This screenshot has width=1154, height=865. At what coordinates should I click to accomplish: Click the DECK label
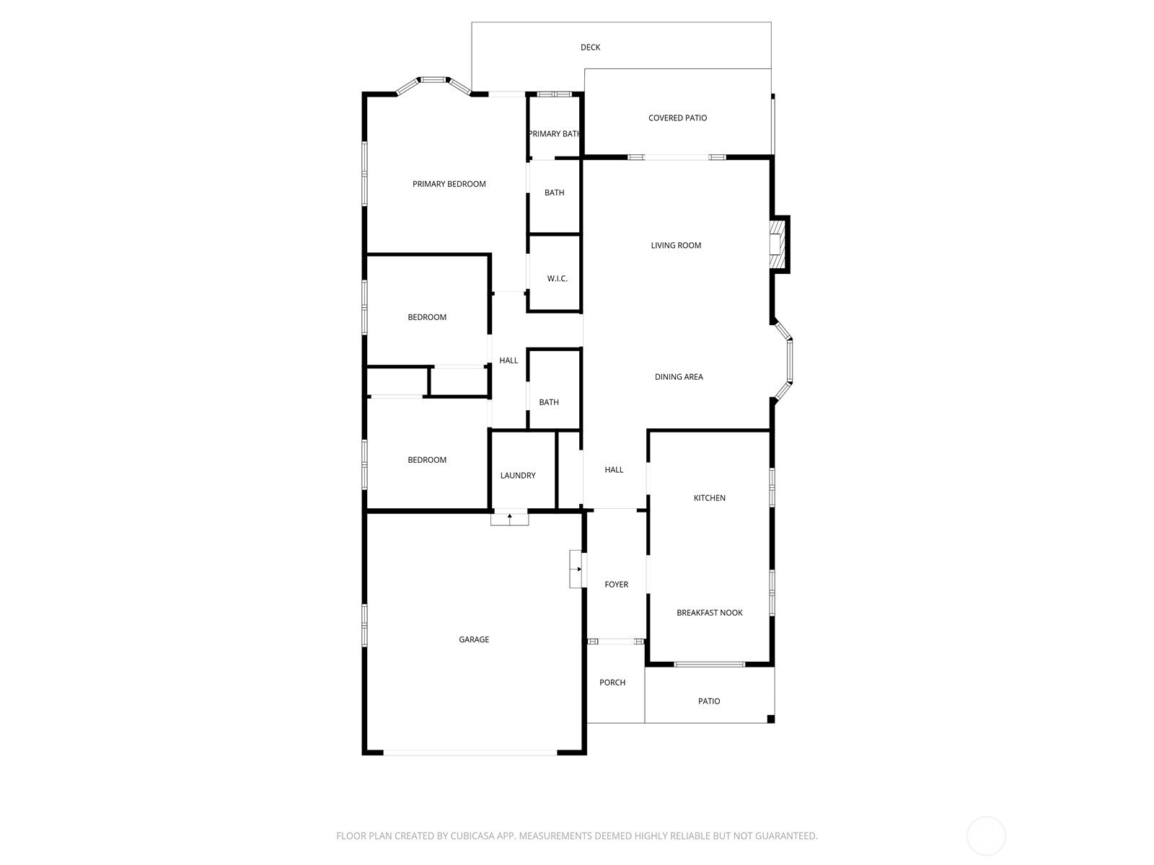[x=590, y=48]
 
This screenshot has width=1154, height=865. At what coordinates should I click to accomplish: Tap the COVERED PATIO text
[x=677, y=118]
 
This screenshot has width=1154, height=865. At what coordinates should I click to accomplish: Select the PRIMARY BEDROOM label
[x=449, y=184]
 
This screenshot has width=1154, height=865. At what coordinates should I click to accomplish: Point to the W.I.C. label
[x=558, y=278]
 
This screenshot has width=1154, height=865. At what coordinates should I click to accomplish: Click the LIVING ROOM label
[x=676, y=245]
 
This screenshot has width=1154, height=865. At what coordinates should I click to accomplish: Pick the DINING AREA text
[x=679, y=376]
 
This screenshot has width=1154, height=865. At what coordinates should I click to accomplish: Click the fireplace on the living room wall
[x=778, y=244]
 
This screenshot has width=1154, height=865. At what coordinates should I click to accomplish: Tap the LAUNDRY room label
[x=518, y=475]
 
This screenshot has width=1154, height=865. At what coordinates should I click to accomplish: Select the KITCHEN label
[x=709, y=498]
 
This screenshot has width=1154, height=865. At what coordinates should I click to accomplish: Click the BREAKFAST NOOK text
[x=709, y=613]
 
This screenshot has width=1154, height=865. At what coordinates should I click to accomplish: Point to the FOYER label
[x=616, y=584]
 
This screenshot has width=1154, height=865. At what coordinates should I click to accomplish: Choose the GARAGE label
[x=474, y=639]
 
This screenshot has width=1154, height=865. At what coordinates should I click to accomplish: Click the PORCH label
[x=612, y=682]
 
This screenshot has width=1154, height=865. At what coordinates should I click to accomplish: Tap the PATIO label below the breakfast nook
[x=709, y=701]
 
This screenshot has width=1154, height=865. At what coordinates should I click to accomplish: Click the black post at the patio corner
[x=771, y=719]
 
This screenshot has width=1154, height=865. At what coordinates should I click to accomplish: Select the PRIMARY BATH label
[x=554, y=134]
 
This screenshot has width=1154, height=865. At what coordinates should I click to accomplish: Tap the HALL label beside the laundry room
[x=614, y=469]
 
